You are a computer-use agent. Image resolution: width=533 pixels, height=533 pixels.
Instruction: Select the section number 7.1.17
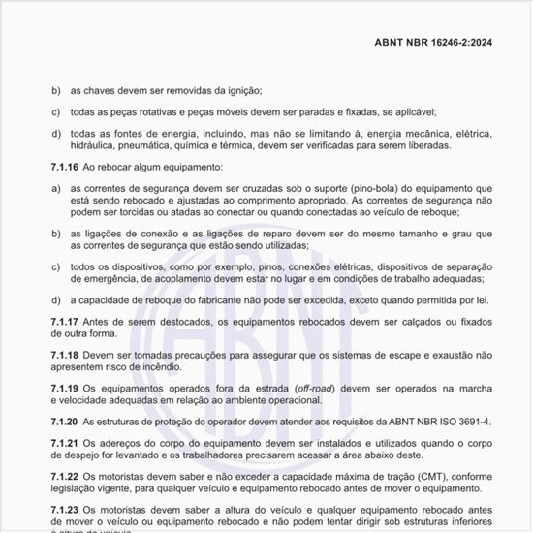(x=66, y=320)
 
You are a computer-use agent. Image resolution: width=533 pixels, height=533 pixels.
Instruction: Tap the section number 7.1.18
(x=66, y=356)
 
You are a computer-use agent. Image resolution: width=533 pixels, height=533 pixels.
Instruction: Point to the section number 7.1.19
(x=66, y=388)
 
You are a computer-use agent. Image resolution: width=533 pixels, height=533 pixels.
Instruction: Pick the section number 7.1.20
(x=66, y=423)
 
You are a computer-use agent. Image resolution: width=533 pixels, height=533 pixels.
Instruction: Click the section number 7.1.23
(x=66, y=510)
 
